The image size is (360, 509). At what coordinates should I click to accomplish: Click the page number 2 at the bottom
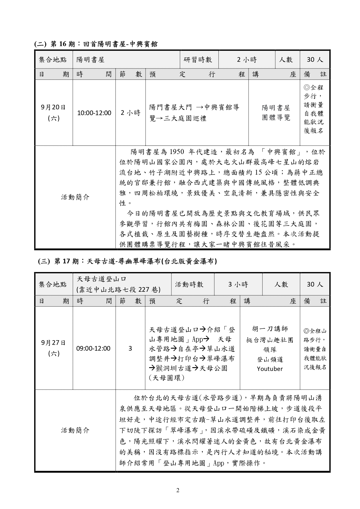tap(178, 490)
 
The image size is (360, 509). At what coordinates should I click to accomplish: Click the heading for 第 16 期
tap(96, 44)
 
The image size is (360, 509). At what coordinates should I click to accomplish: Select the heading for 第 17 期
tap(128, 261)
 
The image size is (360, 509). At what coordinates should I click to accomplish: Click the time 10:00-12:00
tap(94, 113)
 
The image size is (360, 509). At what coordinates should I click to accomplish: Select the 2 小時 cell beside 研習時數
tap(247, 60)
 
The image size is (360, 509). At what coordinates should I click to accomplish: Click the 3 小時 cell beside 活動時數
tap(238, 284)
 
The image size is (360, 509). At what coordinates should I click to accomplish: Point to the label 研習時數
tap(198, 60)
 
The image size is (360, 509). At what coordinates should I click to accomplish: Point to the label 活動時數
tap(189, 284)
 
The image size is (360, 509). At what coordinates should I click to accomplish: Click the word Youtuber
tap(269, 369)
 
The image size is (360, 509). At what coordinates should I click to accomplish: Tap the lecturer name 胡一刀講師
tap(270, 329)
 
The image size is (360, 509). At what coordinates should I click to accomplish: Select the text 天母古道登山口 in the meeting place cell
tap(102, 279)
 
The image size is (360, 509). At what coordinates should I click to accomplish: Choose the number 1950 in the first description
tap(177, 152)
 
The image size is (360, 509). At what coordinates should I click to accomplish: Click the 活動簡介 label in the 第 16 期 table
tap(75, 197)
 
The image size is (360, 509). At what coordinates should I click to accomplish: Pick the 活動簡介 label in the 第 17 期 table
tap(75, 430)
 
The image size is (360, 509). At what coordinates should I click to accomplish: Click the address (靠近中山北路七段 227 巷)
tap(118, 289)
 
